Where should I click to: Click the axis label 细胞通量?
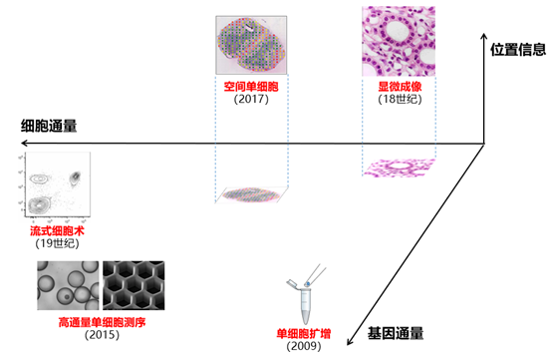click(49, 127)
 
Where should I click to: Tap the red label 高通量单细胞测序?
click(103, 323)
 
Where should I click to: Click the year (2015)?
click(103, 336)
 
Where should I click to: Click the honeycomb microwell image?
click(135, 284)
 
